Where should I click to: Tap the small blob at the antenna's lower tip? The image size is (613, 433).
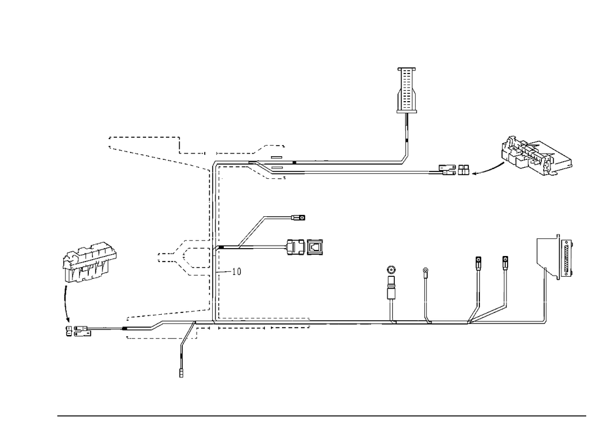[x=404, y=160]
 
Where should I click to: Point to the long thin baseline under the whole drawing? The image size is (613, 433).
[x=322, y=415]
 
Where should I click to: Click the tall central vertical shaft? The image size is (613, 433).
[x=213, y=245]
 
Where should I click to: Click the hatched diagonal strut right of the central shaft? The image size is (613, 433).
[x=252, y=232]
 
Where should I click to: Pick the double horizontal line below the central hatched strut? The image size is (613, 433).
[x=270, y=248]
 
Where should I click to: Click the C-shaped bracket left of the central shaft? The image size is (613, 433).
[x=183, y=257]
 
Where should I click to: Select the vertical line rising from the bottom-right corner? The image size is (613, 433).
[x=546, y=294]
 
